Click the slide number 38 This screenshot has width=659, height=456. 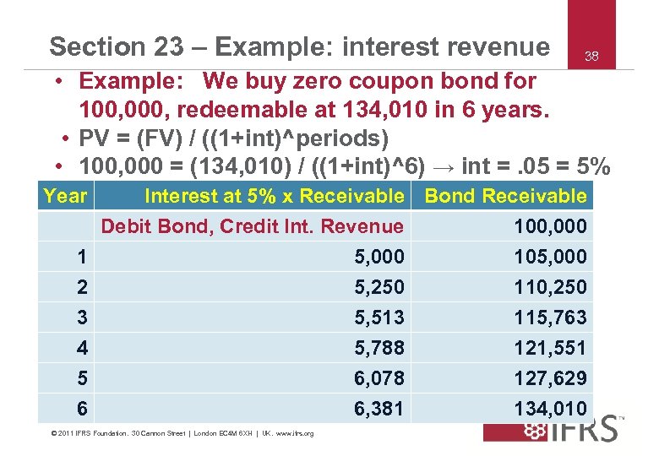[591, 57]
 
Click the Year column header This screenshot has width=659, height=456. [65, 196]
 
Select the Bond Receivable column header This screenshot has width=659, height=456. [505, 196]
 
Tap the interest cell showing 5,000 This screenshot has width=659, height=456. [379, 257]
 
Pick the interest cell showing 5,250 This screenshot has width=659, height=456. [379, 287]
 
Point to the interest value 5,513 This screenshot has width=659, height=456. [379, 318]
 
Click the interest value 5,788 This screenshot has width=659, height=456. [379, 348]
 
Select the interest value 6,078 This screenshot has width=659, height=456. [379, 378]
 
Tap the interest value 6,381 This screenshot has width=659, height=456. [379, 409]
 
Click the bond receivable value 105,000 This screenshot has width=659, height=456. [550, 257]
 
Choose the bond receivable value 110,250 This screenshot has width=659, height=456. [550, 287]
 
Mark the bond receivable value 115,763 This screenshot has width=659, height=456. [550, 318]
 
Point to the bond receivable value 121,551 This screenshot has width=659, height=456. [550, 348]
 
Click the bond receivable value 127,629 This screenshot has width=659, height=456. [550, 378]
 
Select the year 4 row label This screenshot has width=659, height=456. [81, 348]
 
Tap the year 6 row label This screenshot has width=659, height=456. [81, 409]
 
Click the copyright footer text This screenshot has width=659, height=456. [182, 434]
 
